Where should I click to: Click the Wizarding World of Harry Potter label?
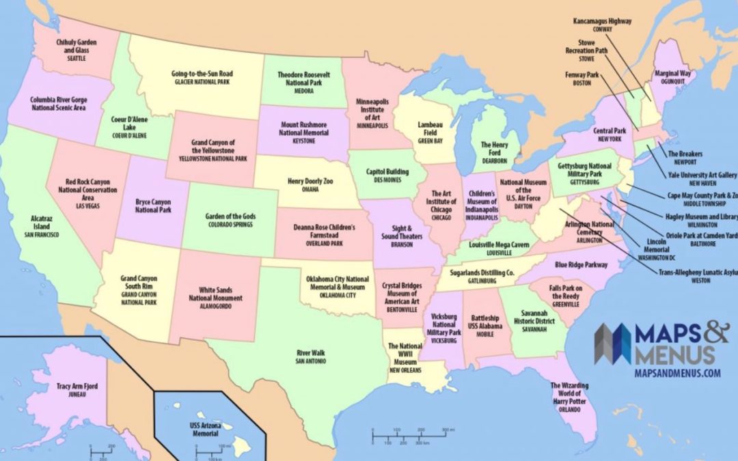[x=569, y=394]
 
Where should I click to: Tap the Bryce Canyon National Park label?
[x=153, y=206]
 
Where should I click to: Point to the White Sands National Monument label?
[x=221, y=294]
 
